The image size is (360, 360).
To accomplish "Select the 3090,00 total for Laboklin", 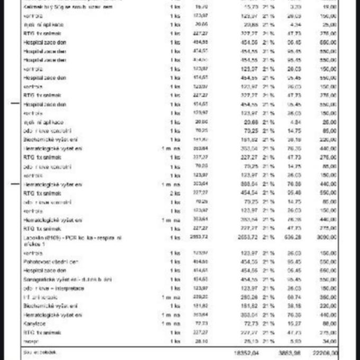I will tap(329, 238).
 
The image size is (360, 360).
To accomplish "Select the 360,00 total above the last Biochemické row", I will tap(330, 296).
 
